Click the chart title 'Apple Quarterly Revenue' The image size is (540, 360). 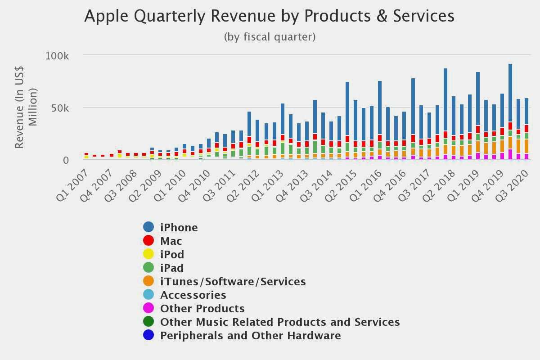269,16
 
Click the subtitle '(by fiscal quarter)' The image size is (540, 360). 270,37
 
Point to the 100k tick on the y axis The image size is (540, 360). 57,56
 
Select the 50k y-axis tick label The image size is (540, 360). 59,108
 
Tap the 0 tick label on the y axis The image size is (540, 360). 66,161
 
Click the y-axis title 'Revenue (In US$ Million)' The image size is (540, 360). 25,107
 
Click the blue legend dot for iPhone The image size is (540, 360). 148,227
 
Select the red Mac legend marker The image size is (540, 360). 148,241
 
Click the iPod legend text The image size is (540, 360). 172,254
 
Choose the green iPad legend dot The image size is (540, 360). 148,268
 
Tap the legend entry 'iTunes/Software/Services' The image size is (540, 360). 233,281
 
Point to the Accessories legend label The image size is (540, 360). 193,295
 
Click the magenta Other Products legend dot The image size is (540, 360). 148,308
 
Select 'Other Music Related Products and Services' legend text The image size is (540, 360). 280,322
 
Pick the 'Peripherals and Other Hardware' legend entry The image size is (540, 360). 250,335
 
